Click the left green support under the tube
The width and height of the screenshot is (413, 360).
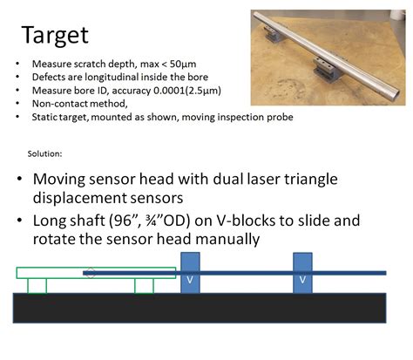point(37,285)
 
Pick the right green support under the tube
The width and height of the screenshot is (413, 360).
point(144,285)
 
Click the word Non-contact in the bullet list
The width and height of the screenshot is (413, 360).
point(56,103)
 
